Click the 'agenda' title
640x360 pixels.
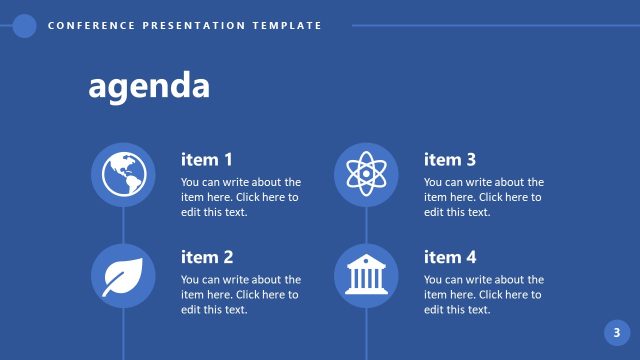point(149,86)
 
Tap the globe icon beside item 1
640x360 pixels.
point(123,175)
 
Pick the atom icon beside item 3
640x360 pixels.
point(366,175)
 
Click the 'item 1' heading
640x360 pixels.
point(207,159)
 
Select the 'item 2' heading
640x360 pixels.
point(207,257)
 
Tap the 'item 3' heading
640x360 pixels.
point(450,159)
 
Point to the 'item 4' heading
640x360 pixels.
point(450,257)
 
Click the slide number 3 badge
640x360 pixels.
point(617,333)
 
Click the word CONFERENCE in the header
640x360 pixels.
point(88,26)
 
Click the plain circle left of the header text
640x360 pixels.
point(25,26)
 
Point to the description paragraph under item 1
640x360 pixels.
point(241,197)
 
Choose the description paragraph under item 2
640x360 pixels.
point(241,295)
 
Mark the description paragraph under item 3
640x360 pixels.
point(484,197)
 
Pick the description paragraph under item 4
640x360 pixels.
point(484,295)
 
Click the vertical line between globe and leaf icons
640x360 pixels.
point(123,225)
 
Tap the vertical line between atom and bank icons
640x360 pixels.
point(366,225)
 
